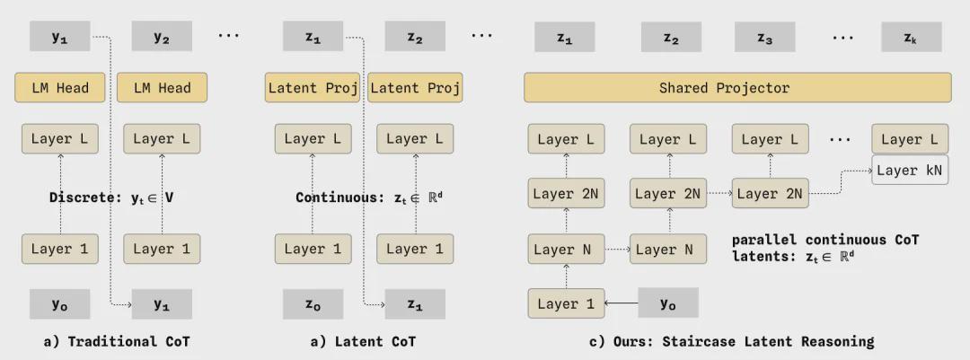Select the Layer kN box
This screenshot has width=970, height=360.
pos(909,170)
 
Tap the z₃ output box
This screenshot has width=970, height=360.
pos(764,37)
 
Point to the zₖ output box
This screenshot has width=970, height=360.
pos(912,37)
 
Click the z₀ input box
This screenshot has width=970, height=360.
pos(313,303)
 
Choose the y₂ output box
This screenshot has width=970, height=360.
pos(162,36)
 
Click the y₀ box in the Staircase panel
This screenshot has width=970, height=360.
pos(668,303)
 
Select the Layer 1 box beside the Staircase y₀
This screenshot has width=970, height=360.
pos(566,303)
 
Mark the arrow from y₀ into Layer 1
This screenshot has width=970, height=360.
pos(622,303)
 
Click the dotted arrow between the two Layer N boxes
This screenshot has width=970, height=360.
pos(617,250)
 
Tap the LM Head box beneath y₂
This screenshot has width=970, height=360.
pos(162,87)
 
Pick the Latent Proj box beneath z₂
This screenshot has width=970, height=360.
pos(415,87)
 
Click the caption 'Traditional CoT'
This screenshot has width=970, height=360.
pos(128,341)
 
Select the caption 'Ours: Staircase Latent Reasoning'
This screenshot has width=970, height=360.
pos(744,341)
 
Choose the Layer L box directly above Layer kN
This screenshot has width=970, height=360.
pos(909,139)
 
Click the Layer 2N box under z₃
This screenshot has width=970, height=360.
pos(771,194)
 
